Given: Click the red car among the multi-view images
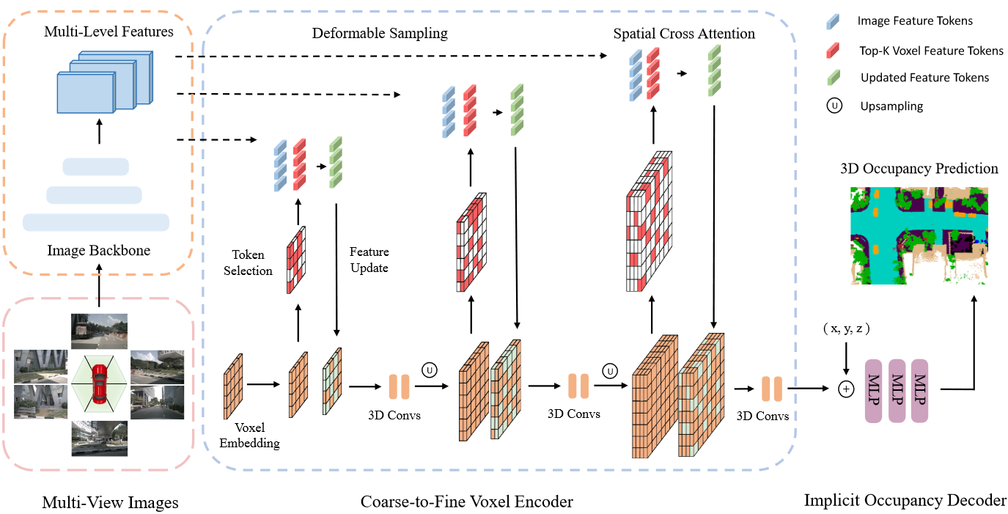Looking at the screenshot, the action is coord(100,384).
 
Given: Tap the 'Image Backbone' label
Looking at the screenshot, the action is coord(99,250).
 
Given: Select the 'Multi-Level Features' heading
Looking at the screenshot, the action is coord(108,32).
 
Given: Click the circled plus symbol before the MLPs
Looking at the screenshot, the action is coord(846,389).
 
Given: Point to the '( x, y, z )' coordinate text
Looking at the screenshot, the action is coord(846,328).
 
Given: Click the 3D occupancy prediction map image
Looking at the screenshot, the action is coord(919,235).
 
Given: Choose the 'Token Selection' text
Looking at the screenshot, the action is coord(248,262).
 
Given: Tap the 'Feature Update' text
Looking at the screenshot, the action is coord(369,260).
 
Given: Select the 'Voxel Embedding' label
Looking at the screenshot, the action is coord(250,436).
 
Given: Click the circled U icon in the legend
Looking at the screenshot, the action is coord(834,106).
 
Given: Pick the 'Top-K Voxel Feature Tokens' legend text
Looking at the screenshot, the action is coord(931,51).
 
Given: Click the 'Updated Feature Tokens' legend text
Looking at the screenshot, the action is coord(924,78).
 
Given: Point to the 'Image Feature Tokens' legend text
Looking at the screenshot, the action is coord(915,21).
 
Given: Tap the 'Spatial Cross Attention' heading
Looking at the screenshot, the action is coord(684,33).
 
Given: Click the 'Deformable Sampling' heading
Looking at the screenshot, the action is coord(380,33).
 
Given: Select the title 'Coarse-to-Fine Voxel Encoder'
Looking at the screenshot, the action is coord(467,502).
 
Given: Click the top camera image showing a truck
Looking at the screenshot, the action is coord(99,331).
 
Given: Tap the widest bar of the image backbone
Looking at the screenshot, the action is coord(96,223).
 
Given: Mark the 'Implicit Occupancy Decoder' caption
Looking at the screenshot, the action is coord(905,500).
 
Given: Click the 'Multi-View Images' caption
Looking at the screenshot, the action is coord(110,502).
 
